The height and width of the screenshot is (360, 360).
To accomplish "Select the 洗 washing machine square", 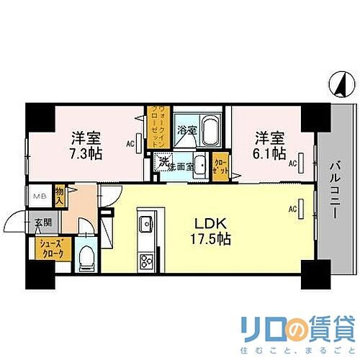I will point(164,163).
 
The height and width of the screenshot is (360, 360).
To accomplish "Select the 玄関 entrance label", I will point(34,224).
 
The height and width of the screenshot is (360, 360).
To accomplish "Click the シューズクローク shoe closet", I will point(53,249).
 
